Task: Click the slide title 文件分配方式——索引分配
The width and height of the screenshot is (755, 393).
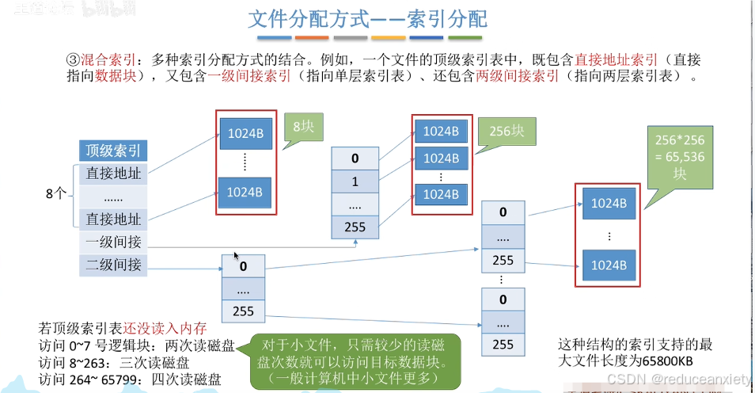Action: [368, 18]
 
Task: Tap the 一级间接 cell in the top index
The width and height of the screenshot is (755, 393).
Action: [114, 242]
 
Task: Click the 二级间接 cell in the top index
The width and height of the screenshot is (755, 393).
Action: [114, 265]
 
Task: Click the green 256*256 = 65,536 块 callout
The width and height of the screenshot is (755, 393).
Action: [679, 157]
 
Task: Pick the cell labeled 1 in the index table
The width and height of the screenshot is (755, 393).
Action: [355, 181]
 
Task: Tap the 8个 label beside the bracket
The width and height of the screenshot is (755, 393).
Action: [58, 192]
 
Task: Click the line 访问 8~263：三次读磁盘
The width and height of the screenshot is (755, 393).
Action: [124, 362]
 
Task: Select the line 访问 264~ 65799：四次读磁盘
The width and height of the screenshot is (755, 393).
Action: [130, 380]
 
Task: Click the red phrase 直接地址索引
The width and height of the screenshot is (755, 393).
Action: [617, 60]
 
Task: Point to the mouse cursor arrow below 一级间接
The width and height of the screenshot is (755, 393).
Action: [236, 256]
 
